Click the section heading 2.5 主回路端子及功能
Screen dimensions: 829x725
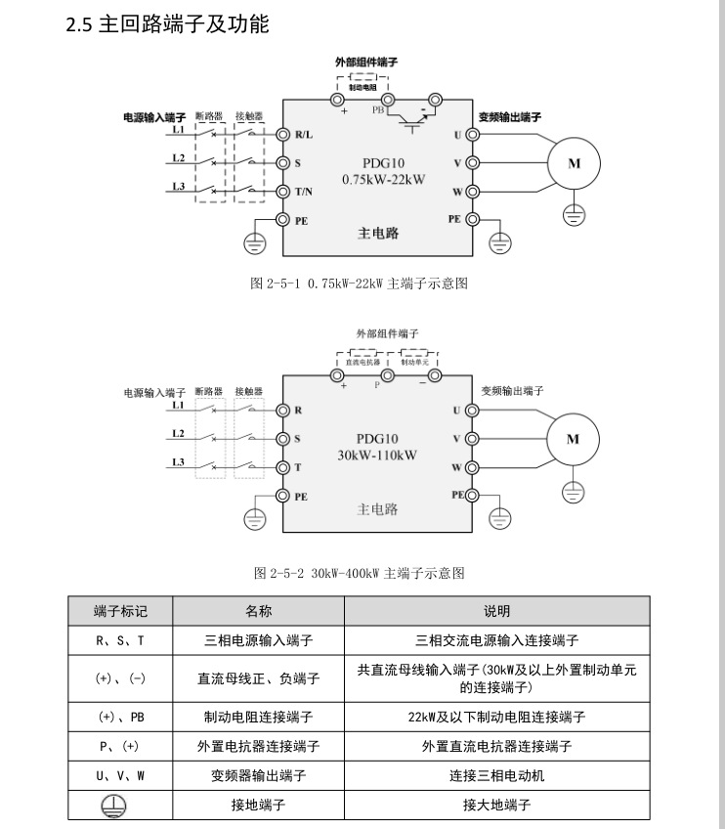(x=167, y=24)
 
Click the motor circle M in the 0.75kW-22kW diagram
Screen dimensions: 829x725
(x=574, y=163)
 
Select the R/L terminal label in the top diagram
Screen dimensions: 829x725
(x=303, y=134)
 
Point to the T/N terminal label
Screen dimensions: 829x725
(x=304, y=192)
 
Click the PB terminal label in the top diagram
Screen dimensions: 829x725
(x=378, y=111)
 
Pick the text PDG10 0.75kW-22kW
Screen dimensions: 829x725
(x=377, y=171)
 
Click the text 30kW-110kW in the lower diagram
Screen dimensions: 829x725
(x=377, y=455)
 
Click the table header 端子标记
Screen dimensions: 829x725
(x=120, y=611)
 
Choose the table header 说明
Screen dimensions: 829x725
(x=496, y=611)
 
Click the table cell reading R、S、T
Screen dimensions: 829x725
(x=120, y=641)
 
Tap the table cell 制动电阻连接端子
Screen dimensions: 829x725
(x=258, y=717)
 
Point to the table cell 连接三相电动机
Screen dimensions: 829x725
(x=496, y=776)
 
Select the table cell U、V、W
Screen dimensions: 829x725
(x=120, y=776)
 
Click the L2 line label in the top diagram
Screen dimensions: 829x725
(x=178, y=157)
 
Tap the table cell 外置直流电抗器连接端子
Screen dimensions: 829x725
(x=496, y=746)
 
